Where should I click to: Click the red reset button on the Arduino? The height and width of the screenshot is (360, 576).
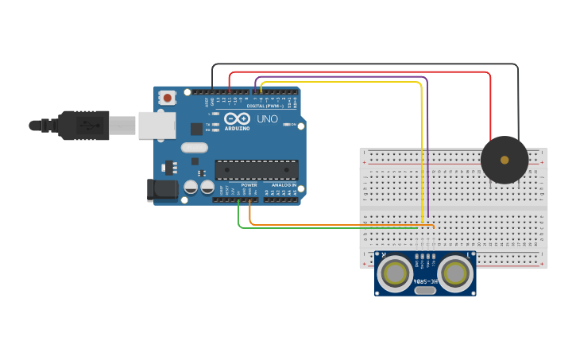168,98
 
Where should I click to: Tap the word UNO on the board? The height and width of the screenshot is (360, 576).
268,119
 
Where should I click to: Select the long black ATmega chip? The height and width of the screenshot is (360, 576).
257,170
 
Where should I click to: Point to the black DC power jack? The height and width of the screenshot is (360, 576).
162,189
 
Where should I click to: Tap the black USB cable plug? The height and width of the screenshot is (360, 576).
83,126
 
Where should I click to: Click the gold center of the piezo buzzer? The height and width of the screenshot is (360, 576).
504,160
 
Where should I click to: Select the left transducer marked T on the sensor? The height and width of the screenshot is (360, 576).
395,273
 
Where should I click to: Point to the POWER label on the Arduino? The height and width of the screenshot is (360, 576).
249,184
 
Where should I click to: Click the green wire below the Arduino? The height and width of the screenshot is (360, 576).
318,228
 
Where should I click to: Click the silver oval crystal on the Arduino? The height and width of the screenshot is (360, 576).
194,147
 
